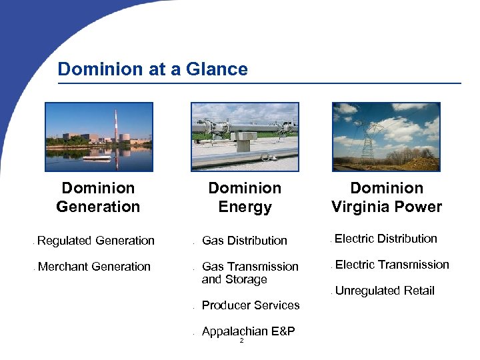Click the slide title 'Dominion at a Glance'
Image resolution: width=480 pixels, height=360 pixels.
(153, 69)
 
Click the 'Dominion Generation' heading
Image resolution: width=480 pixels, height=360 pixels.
(98, 197)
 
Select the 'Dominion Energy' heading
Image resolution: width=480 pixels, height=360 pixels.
(245, 197)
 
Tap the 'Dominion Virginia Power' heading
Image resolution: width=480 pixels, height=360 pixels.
(387, 197)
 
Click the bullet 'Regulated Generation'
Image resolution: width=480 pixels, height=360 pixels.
(96, 241)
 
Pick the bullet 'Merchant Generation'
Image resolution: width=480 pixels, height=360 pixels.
(94, 267)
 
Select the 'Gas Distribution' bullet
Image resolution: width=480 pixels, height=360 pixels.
(244, 241)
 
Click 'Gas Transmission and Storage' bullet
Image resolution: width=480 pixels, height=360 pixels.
(249, 273)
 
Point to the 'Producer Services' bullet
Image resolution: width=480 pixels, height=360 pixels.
(250, 305)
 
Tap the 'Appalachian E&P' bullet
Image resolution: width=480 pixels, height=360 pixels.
(248, 331)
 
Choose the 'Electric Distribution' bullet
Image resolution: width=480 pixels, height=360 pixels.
(386, 239)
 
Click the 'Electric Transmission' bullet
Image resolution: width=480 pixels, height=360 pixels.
(392, 265)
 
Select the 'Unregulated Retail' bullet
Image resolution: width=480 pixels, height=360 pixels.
(385, 291)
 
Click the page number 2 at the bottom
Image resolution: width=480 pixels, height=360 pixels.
(241, 341)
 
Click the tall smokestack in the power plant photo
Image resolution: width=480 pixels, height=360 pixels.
(116, 127)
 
